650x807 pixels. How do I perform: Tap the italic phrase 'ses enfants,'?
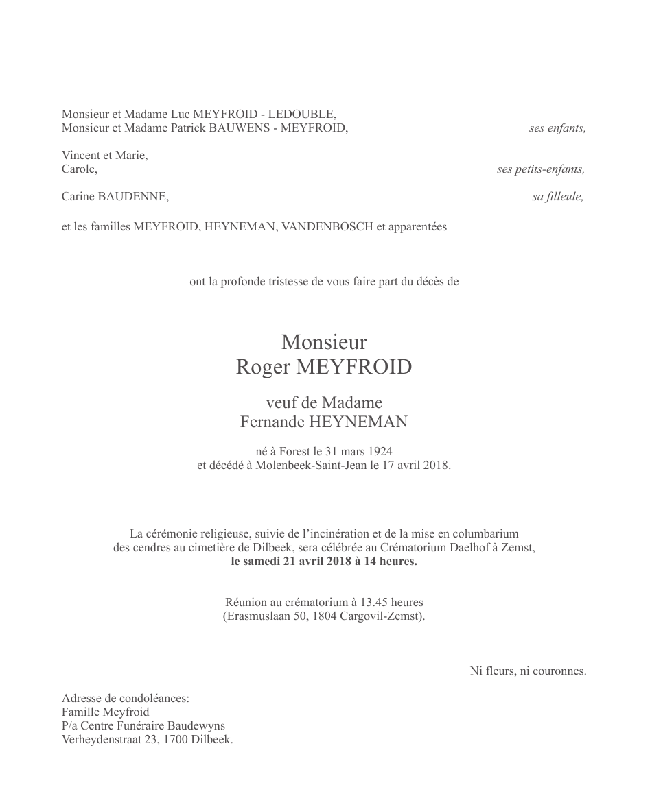click(x=557, y=128)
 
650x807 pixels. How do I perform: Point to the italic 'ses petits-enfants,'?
click(x=541, y=169)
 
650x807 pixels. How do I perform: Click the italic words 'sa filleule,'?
click(x=557, y=197)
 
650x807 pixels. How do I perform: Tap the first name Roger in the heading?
click(x=264, y=368)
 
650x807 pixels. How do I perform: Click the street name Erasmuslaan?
click(x=257, y=616)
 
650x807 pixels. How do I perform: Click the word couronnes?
click(x=561, y=671)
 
